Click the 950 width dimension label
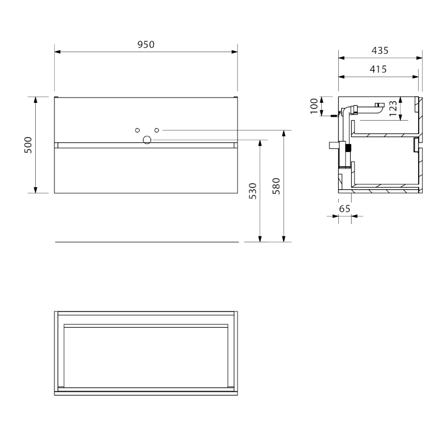[x=146, y=45]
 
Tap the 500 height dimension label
[x=28, y=145]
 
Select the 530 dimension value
[x=253, y=191]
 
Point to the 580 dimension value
[x=276, y=186]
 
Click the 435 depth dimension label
[x=380, y=51]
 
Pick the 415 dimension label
[x=378, y=69]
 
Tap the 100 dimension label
[x=314, y=106]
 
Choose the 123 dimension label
[x=393, y=108]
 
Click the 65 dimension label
[x=344, y=209]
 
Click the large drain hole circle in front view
[x=147, y=140]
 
